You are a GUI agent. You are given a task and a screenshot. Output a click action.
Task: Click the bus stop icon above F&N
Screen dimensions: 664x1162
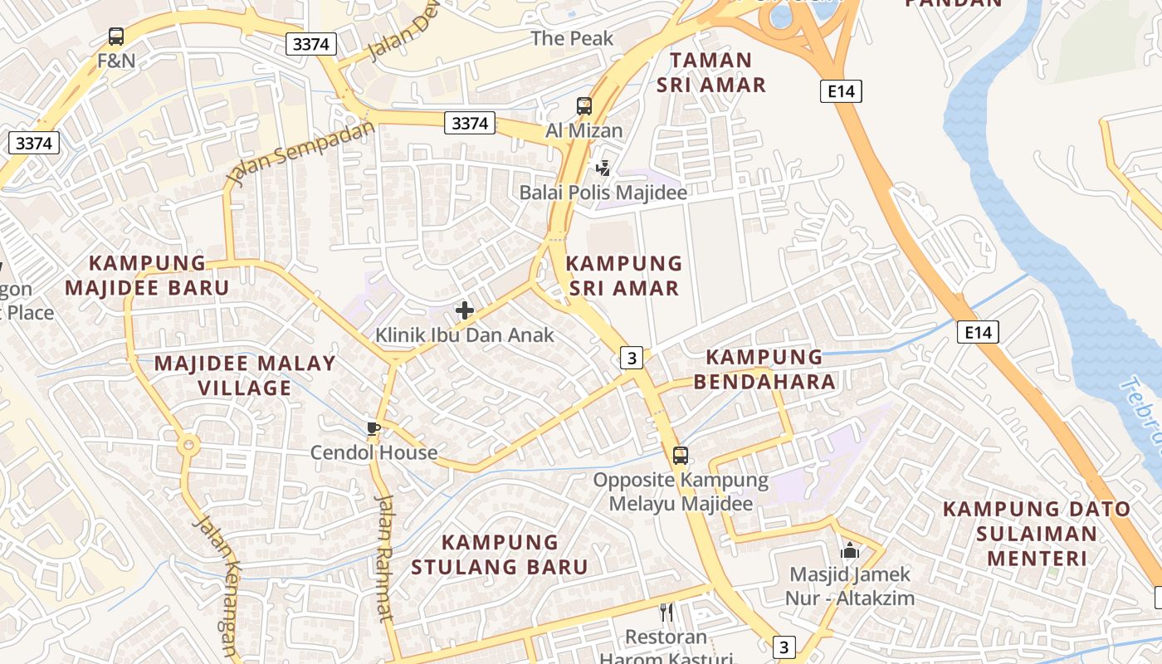coord(116,37)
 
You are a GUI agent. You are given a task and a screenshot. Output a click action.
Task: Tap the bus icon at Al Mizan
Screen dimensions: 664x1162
coord(584,106)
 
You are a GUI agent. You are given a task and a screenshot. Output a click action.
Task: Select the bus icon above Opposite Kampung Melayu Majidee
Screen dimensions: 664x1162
coord(681,455)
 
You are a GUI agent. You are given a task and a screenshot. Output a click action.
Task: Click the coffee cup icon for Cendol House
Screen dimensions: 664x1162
coord(373,428)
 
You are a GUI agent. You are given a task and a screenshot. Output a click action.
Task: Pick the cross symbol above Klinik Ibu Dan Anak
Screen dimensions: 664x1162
coord(465,311)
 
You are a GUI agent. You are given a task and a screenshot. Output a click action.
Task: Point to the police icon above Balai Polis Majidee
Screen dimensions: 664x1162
coord(603,168)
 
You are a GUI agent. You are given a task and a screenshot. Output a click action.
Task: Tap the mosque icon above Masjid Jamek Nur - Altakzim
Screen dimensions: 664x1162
coord(850,550)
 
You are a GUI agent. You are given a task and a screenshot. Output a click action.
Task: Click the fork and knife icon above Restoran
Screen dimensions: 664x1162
coord(666,613)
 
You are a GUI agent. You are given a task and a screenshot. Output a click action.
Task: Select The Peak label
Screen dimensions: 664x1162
coord(572,38)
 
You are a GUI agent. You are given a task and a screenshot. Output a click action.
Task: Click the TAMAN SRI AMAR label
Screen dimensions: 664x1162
coord(711,72)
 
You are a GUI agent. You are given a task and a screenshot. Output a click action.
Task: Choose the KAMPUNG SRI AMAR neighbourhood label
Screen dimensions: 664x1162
coord(624,276)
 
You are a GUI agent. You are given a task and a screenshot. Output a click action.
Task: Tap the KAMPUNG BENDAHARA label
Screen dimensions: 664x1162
coord(764,369)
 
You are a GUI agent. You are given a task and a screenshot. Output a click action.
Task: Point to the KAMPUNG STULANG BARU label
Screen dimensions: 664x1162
coord(500,554)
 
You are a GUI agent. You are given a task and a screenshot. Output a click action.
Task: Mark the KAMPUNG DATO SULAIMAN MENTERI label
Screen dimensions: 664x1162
coord(1037,533)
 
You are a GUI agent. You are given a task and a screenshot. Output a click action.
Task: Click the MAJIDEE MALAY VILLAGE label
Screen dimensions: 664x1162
coord(245,375)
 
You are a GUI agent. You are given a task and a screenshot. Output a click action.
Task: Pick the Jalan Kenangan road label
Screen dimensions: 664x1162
coord(217,581)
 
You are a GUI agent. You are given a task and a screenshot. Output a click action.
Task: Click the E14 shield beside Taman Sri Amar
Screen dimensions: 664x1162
coord(841,91)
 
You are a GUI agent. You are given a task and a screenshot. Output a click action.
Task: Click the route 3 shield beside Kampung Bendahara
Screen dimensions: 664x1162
coord(632,358)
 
